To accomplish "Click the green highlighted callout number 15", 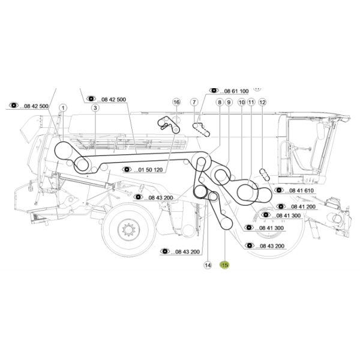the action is [224, 265].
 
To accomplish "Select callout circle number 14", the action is [208, 265].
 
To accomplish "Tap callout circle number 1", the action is [63, 107].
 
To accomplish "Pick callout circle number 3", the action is [95, 107].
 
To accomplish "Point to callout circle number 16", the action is [176, 102].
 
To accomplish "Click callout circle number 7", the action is [194, 102].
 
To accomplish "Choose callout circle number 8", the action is [220, 102].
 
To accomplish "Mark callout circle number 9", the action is [229, 102].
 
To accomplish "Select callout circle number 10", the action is [242, 102].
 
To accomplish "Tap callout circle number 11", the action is [251, 102].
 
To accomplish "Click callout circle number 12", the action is [262, 102].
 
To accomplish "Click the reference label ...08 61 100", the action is [234, 91].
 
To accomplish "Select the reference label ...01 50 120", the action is [148, 170].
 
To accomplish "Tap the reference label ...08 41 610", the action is [299, 191].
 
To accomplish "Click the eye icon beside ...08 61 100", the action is [214, 90].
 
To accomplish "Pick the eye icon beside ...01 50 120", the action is [127, 169].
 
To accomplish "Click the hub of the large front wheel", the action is [128, 229].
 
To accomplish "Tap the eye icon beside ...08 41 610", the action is [279, 190].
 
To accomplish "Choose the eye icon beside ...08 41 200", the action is [281, 206].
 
